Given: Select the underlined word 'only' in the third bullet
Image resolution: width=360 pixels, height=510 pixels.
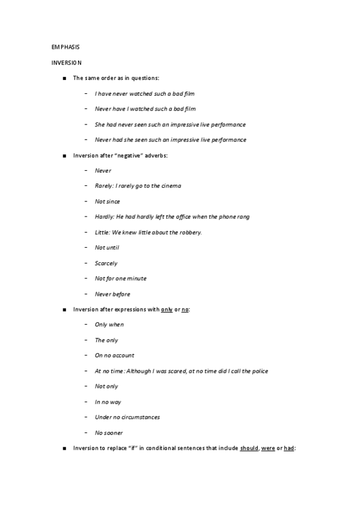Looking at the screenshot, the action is click(166, 309).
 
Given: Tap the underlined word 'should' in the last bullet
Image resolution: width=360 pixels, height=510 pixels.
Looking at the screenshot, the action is click(249, 448).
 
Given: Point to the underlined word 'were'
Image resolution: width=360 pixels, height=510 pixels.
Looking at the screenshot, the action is click(267, 448).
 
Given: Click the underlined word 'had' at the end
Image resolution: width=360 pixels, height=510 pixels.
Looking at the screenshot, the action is click(288, 448).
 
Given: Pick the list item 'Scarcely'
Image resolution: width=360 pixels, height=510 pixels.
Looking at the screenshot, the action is click(106, 263).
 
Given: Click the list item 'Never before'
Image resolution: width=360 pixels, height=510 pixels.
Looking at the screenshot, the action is click(112, 294).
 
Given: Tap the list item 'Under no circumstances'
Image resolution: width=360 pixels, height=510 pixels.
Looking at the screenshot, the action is click(127, 417).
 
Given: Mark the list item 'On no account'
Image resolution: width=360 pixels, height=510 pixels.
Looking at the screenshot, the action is click(114, 355).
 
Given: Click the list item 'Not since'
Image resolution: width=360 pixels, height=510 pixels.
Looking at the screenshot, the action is click(107, 201).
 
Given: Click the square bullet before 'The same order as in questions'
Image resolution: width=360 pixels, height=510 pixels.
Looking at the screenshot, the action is click(64, 78).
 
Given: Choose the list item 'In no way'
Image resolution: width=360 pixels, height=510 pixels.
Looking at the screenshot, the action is click(108, 402).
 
